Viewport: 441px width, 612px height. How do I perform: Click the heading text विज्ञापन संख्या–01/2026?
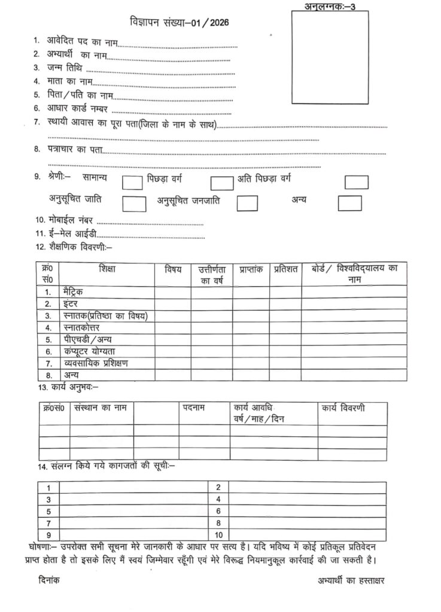pyautogui.click(x=179, y=23)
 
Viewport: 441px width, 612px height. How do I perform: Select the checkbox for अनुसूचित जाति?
pyautogui.click(x=135, y=203)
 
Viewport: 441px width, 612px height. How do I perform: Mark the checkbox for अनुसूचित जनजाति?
pyautogui.click(x=247, y=203)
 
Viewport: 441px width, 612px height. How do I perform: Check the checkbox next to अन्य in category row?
pyautogui.click(x=349, y=203)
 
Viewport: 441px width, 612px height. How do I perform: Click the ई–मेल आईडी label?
pyautogui.click(x=71, y=233)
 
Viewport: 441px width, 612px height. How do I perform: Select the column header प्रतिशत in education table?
pyautogui.click(x=286, y=270)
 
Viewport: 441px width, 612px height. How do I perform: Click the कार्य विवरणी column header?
pyautogui.click(x=343, y=408)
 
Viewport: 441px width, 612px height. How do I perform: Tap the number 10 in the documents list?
pyautogui.click(x=218, y=534)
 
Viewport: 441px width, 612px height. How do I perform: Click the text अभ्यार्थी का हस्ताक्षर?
pyautogui.click(x=354, y=580)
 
